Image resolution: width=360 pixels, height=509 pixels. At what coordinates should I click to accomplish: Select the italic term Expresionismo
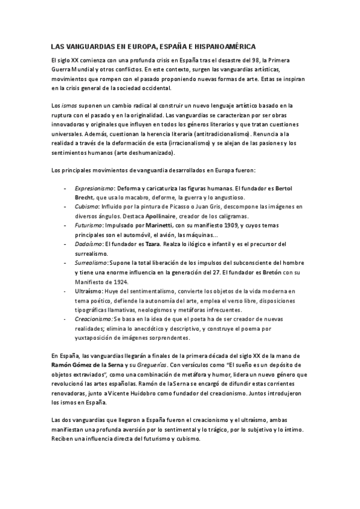(95, 188)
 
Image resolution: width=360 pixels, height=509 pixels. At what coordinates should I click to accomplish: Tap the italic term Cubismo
(86, 206)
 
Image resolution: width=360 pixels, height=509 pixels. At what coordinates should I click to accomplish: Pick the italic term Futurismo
(89, 225)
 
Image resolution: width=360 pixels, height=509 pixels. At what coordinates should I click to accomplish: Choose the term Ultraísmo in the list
(88, 290)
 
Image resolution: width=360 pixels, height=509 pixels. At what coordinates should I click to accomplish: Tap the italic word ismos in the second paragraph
(70, 105)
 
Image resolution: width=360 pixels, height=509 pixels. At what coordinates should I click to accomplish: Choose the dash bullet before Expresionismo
(65, 188)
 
